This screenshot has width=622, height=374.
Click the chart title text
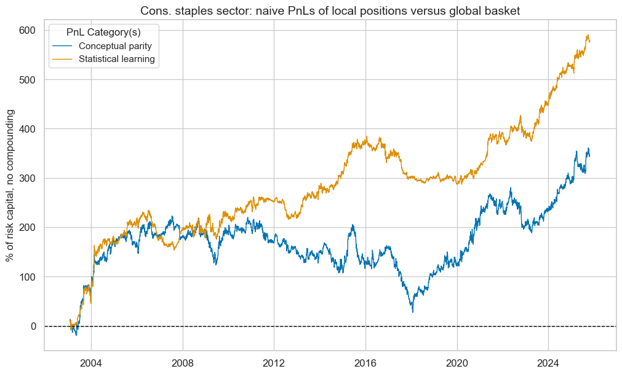pos(330,10)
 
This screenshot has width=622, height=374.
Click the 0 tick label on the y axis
pos(34,326)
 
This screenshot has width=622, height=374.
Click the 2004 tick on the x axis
pos(91,362)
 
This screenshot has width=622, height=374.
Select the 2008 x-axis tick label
pos(183,362)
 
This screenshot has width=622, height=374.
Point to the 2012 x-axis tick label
pos(274,362)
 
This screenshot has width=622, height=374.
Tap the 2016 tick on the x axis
pos(365,362)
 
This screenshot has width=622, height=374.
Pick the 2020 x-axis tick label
pos(457,362)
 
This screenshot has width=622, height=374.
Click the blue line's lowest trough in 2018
pos(413,311)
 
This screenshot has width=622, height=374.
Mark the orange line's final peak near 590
pos(588,35)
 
